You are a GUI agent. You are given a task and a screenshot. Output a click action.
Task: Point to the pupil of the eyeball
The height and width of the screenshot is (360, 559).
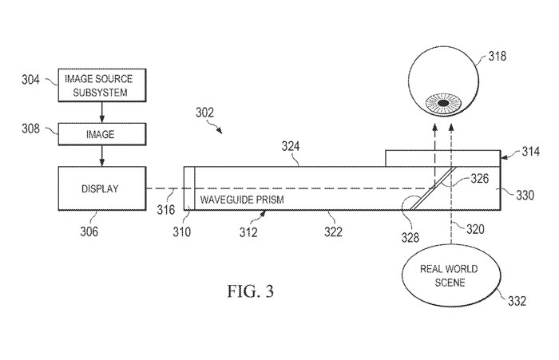[x=443, y=103]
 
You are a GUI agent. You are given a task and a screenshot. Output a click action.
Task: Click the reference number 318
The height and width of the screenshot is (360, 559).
[x=497, y=57]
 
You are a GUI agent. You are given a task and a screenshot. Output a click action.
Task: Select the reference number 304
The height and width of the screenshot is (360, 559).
[x=30, y=80]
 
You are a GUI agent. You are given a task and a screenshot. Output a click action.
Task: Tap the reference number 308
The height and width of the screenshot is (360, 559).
[x=30, y=129]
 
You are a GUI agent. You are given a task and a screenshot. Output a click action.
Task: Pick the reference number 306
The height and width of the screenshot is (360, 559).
[x=89, y=231]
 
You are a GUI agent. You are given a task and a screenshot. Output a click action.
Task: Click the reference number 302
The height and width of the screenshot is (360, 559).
[x=204, y=113]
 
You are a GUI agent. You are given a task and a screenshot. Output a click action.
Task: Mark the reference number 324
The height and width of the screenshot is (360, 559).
[x=291, y=146]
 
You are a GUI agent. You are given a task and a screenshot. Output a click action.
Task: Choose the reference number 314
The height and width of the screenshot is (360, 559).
[x=531, y=152]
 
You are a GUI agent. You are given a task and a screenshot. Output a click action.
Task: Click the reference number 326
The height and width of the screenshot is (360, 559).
[x=479, y=178]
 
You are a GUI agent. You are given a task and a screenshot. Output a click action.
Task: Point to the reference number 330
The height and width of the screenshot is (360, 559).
[x=525, y=195]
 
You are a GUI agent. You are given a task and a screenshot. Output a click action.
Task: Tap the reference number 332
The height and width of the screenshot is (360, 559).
[x=517, y=301]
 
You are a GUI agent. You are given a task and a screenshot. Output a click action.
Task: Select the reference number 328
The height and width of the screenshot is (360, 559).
[x=410, y=237]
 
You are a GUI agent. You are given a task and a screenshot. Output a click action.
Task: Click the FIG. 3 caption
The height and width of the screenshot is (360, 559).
[x=251, y=291]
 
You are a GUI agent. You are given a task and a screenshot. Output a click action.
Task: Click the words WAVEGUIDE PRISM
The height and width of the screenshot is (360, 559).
[x=242, y=200]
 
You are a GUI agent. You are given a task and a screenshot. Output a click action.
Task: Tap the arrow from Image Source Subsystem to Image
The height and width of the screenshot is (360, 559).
[x=102, y=113]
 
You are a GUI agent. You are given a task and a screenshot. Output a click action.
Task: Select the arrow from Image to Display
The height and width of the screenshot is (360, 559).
[x=102, y=156]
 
